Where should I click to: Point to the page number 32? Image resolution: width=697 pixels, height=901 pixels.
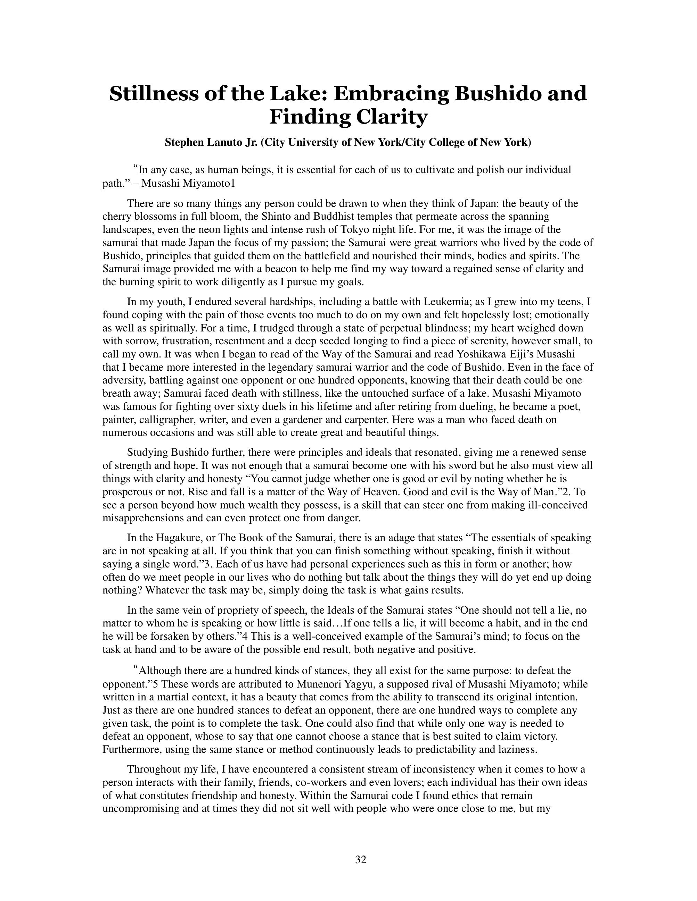point(360,859)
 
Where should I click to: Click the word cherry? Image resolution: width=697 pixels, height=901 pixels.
point(116,216)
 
